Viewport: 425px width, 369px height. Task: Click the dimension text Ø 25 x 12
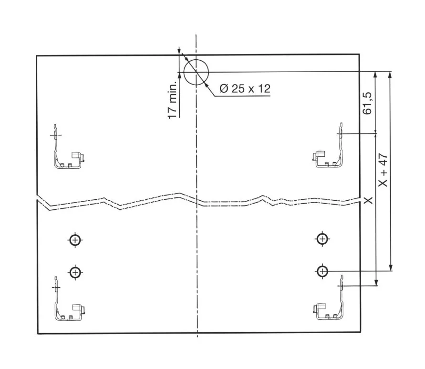[x=245, y=88]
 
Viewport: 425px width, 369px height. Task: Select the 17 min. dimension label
[x=172, y=100]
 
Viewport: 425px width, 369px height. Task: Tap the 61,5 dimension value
[x=367, y=103]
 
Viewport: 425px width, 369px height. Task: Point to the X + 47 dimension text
[x=383, y=170]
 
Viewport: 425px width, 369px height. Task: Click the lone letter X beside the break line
[x=368, y=201]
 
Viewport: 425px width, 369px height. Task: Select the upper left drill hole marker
[x=75, y=240]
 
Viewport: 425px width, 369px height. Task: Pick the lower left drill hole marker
[x=75, y=272]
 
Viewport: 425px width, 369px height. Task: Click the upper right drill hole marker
[x=322, y=239]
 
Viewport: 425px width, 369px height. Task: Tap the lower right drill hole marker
[x=322, y=271]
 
